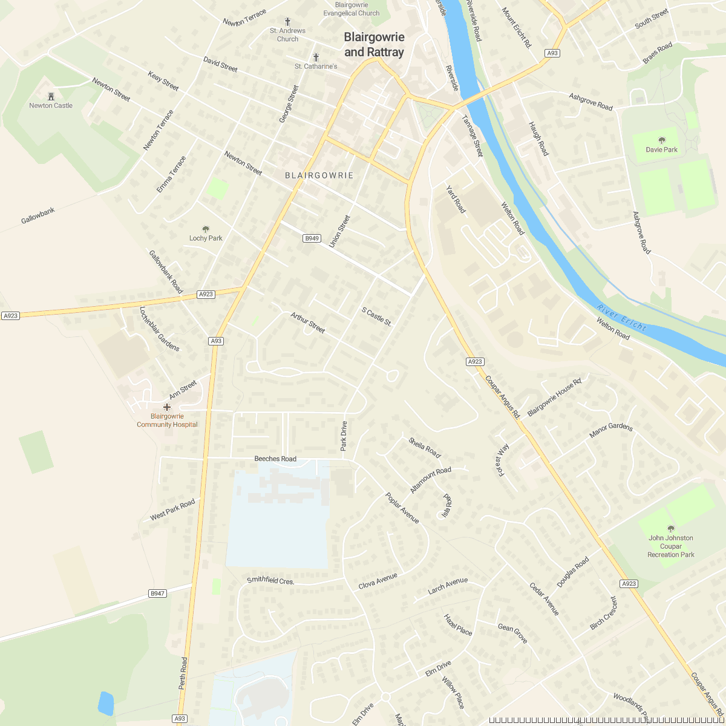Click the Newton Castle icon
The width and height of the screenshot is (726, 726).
coord(51,96)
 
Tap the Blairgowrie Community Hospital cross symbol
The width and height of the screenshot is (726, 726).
coord(167,407)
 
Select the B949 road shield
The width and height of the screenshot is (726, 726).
coord(312,238)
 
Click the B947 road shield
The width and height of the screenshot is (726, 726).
coord(157,594)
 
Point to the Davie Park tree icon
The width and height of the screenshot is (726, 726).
coord(661,140)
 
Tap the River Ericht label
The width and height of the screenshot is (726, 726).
coord(621,318)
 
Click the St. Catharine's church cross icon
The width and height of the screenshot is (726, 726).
coord(316,57)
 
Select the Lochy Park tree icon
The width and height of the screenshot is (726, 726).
coord(206,229)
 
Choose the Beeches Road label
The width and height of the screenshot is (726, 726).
coord(275,459)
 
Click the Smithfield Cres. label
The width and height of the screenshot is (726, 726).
coord(270,581)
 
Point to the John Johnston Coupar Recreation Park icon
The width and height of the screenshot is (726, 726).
coord(670,529)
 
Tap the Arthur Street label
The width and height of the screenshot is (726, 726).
coord(308,322)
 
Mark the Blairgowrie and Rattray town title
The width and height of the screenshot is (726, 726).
coord(374,45)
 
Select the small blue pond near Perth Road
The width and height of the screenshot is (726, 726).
coord(106,703)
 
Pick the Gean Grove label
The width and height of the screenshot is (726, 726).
coord(512,633)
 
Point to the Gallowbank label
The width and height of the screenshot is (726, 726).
coord(38,215)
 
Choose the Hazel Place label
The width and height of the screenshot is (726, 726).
coord(458,625)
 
